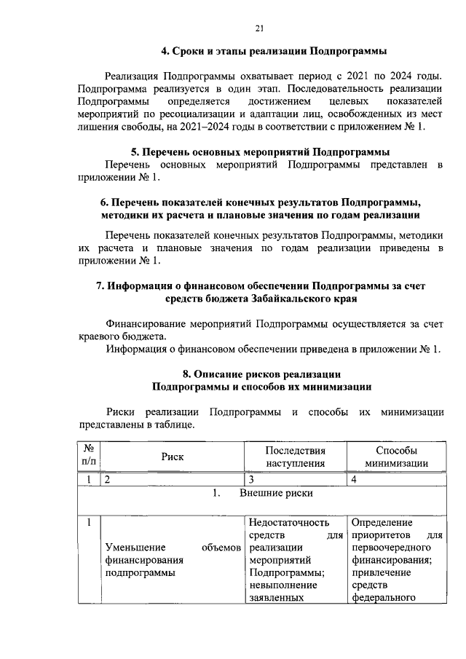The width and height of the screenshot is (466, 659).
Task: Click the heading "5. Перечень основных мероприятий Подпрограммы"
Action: pos(260,152)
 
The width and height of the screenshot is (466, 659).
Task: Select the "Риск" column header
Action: pos(173,457)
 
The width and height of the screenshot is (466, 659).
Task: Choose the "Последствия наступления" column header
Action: pos(295,457)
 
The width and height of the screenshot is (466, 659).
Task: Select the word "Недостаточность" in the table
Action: pos(288,522)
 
